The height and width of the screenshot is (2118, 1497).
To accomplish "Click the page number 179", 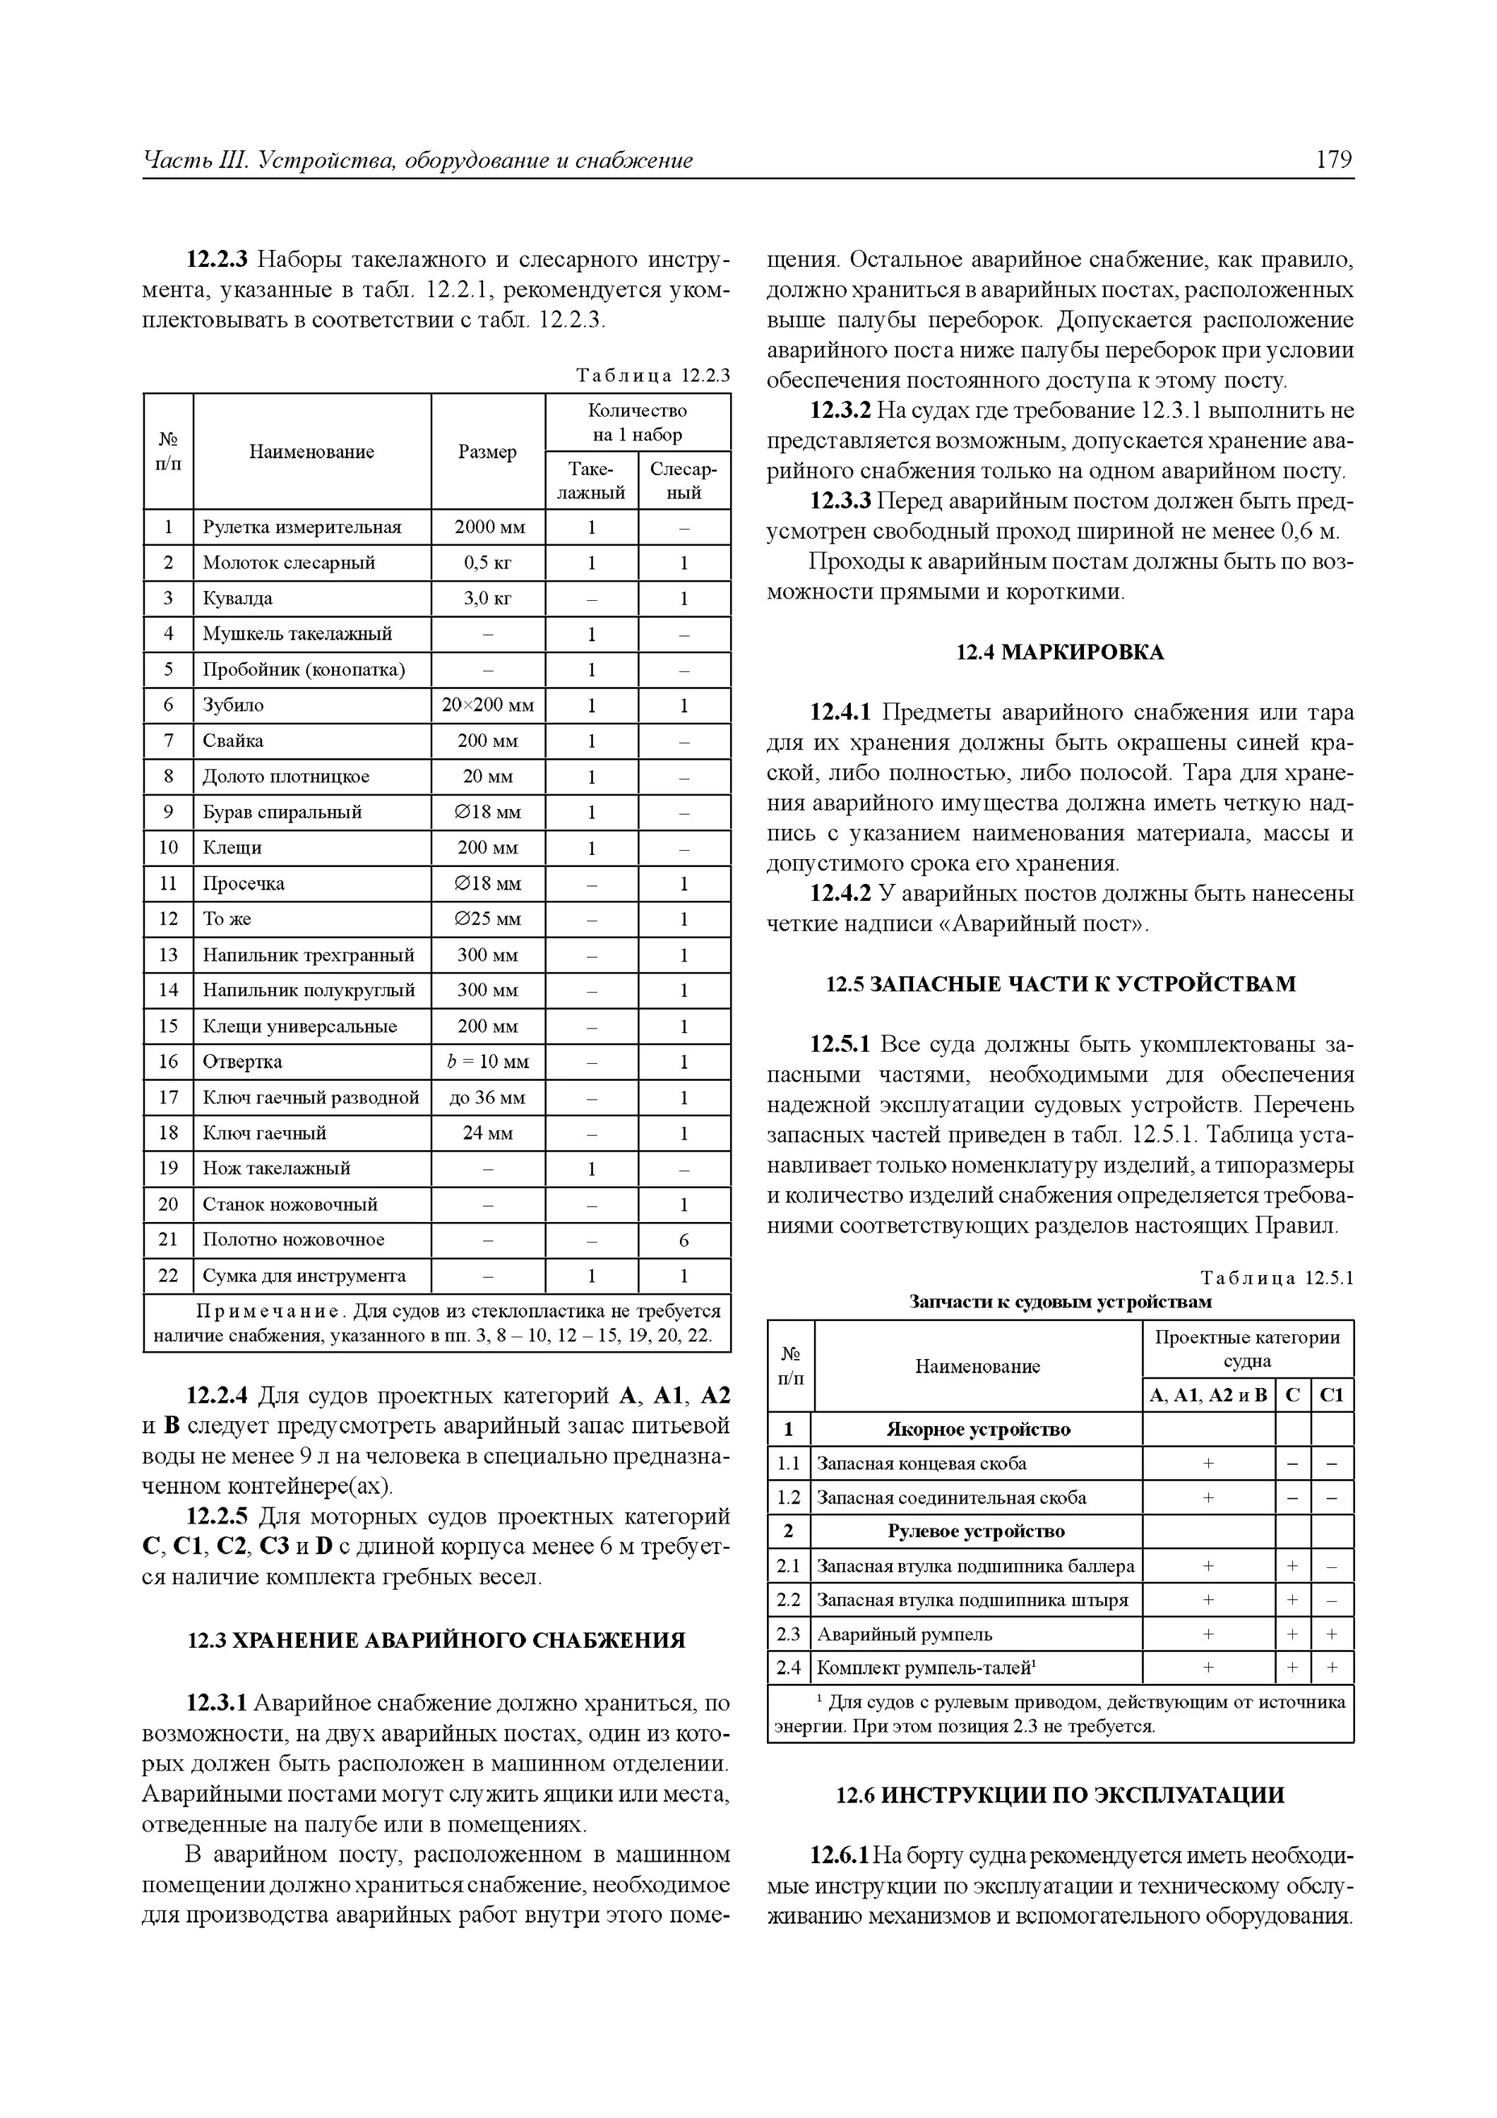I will tap(1334, 160).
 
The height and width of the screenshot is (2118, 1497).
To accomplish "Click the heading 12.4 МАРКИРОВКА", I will tap(1060, 652).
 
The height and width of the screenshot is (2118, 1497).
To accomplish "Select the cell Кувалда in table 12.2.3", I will tap(238, 598).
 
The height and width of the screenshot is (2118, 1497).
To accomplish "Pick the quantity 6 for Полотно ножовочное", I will tap(684, 1240).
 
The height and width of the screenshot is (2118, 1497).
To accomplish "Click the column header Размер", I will tap(487, 451).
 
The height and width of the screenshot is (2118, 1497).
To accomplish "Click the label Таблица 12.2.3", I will tap(652, 376).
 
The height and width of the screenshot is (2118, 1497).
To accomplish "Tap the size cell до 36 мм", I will tap(487, 1097).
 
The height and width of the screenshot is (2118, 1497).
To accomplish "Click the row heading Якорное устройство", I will tap(978, 1429).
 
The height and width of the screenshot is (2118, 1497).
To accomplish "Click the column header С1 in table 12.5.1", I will tap(1332, 1395).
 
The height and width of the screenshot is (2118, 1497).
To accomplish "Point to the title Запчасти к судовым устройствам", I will tap(1060, 1302).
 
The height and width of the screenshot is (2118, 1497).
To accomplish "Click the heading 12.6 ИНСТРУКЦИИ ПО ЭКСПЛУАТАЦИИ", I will tap(1060, 1795).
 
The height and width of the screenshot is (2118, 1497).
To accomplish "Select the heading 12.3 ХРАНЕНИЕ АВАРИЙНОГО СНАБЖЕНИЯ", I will tap(436, 1640).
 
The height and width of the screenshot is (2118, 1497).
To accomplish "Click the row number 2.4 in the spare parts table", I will tap(789, 1668).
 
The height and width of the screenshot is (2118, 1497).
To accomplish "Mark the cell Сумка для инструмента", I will tap(304, 1276).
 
